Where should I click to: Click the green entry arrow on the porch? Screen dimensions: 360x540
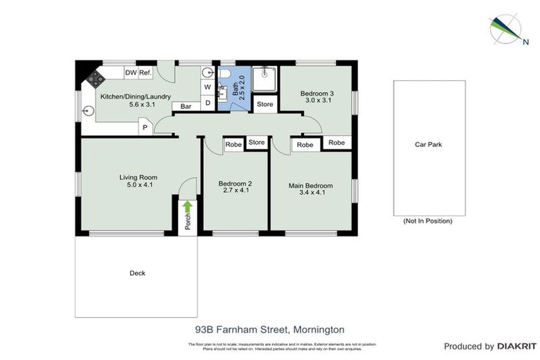tap(188, 207)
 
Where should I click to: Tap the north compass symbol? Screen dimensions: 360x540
tap(506, 29)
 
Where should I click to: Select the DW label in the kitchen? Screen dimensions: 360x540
tap(131, 72)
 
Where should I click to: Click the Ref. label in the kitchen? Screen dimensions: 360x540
tap(146, 72)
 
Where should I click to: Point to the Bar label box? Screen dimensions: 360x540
tap(186, 106)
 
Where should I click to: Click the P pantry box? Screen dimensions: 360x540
tap(145, 127)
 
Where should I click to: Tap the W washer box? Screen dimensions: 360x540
tap(208, 87)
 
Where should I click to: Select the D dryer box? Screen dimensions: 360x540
tap(208, 103)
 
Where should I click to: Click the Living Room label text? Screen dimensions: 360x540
tap(138, 181)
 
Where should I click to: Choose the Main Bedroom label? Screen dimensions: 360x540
tap(310, 190)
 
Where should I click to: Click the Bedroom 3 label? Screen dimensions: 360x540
tap(317, 97)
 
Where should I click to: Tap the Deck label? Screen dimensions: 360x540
tap(137, 274)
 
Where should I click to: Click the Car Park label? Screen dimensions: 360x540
tap(428, 145)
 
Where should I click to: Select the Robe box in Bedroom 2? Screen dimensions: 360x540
tap(233, 146)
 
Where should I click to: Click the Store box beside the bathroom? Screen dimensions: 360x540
tap(264, 105)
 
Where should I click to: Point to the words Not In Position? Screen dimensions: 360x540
tap(427, 221)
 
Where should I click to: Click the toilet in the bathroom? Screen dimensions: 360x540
tap(224, 75)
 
